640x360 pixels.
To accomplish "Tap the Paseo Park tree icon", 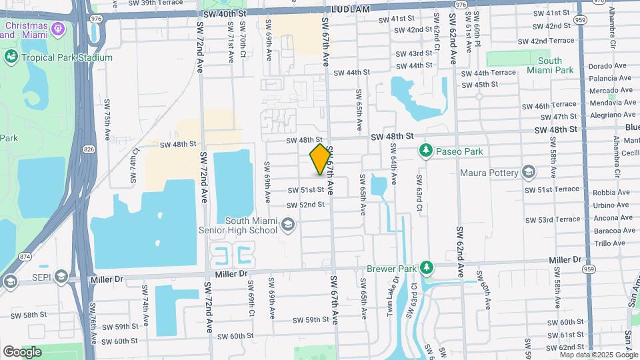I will click(426, 151).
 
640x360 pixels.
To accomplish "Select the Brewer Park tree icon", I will click(427, 268).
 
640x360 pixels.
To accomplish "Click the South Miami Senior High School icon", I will click(288, 224).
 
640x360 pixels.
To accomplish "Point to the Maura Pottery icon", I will click(529, 173).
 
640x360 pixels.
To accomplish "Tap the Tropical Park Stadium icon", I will click(11, 57).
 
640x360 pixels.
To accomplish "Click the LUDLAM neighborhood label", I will click(350, 9).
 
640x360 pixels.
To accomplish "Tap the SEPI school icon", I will click(61, 276).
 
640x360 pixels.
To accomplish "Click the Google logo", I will click(22, 352).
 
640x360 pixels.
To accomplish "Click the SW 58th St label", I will click(26, 314).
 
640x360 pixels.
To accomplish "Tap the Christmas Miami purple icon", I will click(58, 29).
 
